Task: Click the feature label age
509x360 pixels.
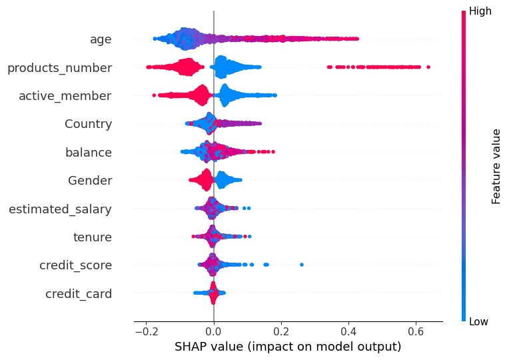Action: (101, 39)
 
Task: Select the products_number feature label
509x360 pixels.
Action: (59, 67)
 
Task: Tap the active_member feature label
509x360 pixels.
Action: (65, 96)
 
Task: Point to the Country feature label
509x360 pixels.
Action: (88, 124)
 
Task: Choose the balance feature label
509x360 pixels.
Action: (88, 153)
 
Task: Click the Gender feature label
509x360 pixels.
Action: (90, 181)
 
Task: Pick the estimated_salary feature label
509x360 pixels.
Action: (60, 209)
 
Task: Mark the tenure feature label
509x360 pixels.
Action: (92, 237)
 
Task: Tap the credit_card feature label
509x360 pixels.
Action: (78, 294)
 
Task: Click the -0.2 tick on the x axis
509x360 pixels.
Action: (143, 331)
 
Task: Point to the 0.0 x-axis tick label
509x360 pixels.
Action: (213, 331)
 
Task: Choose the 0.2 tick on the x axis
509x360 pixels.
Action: (280, 331)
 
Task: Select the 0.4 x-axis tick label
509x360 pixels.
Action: (348, 331)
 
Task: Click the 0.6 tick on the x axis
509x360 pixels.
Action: (415, 331)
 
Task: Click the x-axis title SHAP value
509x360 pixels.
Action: (288, 347)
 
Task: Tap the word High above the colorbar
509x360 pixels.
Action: (482, 11)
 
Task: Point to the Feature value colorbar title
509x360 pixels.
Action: (496, 166)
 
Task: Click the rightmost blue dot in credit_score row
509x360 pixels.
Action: (302, 265)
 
